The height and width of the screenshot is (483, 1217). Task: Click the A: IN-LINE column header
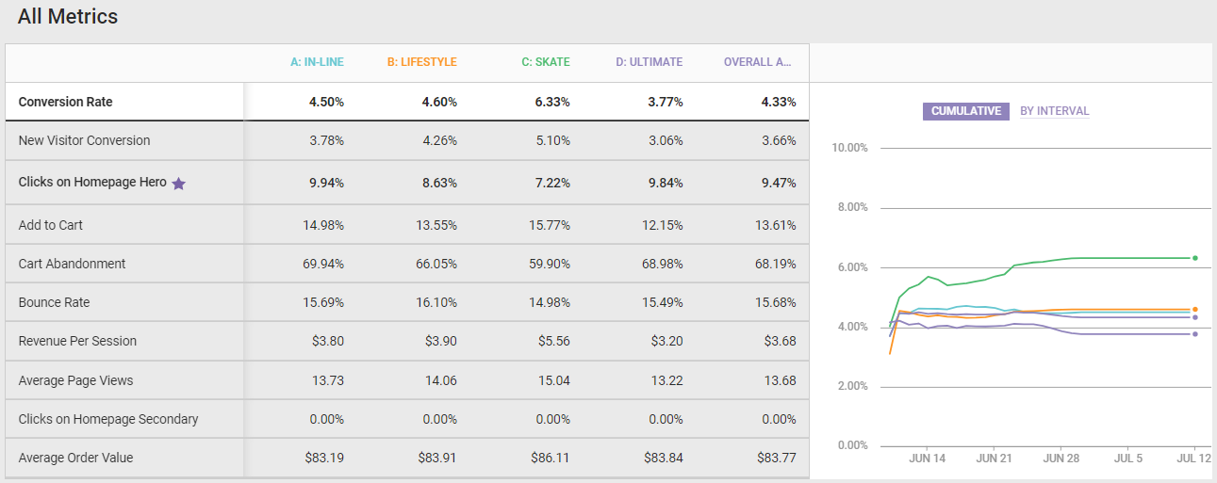317,62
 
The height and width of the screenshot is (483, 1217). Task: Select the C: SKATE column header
546,62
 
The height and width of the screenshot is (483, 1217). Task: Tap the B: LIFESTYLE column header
421,62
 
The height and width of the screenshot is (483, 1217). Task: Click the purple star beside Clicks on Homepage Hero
179,184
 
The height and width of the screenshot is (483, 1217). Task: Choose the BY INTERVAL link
1054,111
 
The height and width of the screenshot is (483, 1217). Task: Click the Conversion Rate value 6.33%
552,102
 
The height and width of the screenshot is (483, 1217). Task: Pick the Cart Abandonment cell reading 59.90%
549,264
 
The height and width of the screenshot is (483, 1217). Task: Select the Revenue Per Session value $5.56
553,342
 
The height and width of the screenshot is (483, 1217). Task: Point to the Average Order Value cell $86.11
551,458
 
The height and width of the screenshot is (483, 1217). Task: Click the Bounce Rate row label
56,302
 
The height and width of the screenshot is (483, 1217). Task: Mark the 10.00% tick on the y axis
850,149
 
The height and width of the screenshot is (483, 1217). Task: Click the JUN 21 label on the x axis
994,459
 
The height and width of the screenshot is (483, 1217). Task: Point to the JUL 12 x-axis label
1193,459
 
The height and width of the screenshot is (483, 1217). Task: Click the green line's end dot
1195,258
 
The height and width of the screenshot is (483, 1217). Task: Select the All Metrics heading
68,16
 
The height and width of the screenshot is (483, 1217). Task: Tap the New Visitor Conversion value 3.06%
664,140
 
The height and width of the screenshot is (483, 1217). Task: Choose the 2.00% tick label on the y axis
852,387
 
